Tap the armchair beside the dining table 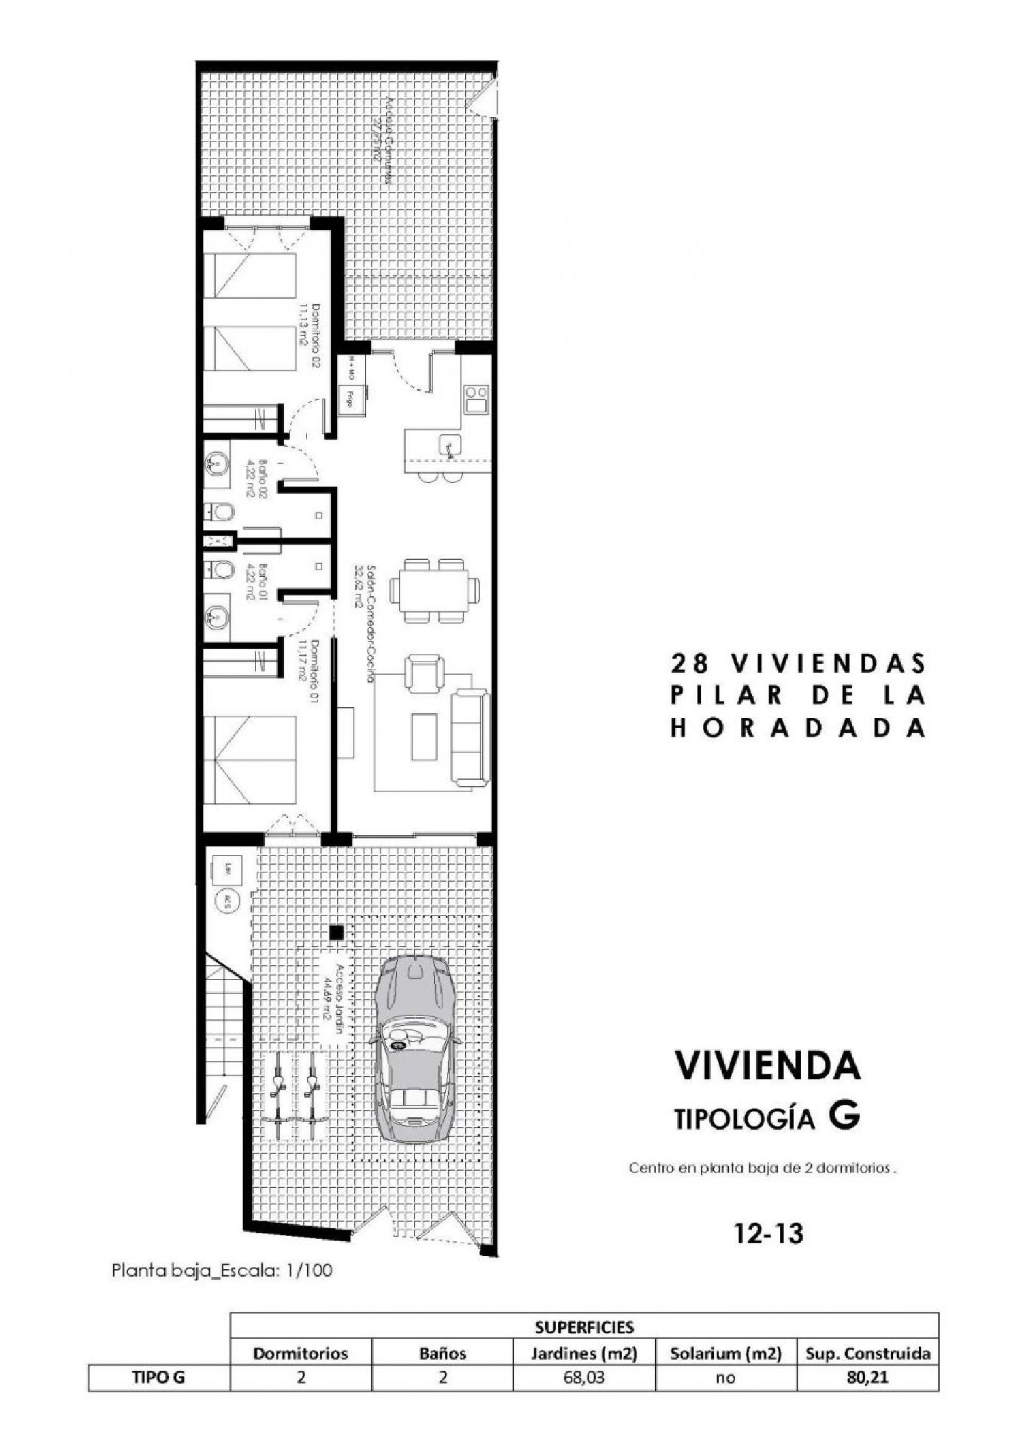pos(424,672)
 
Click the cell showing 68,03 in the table pos(584,1378)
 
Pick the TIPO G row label pos(159,1378)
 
